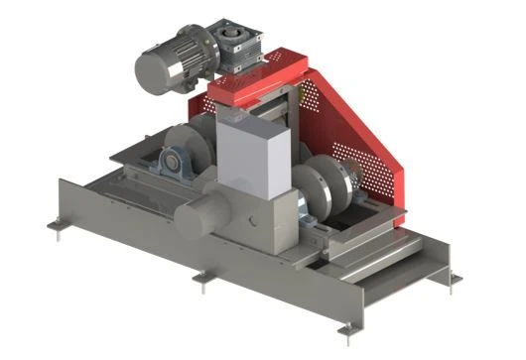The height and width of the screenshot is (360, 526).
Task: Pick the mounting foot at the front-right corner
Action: (346, 328)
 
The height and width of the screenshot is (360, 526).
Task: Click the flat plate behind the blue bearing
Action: (134, 149)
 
